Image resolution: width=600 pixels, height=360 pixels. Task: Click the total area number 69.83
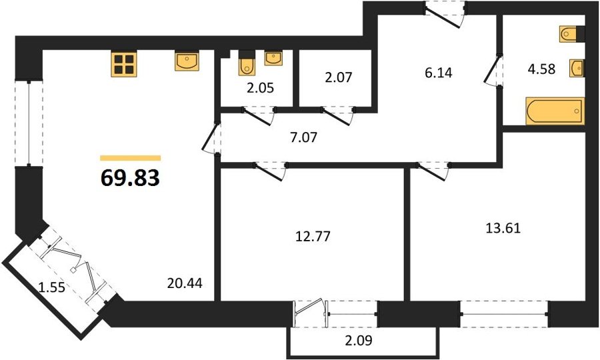pyautogui.click(x=130, y=178)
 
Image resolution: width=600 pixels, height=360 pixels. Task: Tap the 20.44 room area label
pyautogui.click(x=185, y=283)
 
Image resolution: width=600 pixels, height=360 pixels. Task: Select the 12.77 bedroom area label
pyautogui.click(x=313, y=237)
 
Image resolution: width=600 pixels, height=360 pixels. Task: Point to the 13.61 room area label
pyautogui.click(x=503, y=229)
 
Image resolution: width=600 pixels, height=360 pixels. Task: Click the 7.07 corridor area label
pyautogui.click(x=303, y=137)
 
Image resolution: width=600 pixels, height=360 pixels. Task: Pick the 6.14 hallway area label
pyautogui.click(x=439, y=72)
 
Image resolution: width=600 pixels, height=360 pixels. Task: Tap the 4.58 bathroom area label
pyautogui.click(x=541, y=69)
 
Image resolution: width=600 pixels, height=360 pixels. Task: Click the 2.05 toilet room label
pyautogui.click(x=260, y=88)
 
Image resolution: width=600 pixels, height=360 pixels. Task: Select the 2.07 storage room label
pyautogui.click(x=338, y=77)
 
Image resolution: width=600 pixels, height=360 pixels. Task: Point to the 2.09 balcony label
pyautogui.click(x=359, y=340)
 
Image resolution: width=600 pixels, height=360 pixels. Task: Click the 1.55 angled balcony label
pyautogui.click(x=52, y=287)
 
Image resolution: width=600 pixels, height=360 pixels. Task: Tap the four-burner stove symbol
pyautogui.click(x=124, y=64)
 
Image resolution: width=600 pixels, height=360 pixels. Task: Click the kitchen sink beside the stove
pyautogui.click(x=187, y=61)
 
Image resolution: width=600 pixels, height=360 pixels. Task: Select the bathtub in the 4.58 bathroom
pyautogui.click(x=555, y=111)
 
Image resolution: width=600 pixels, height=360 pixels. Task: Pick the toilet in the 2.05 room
pyautogui.click(x=247, y=63)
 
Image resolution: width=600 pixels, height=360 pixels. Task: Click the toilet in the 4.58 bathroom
pyautogui.click(x=572, y=34)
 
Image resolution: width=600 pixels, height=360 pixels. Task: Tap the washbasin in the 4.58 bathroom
pyautogui.click(x=577, y=69)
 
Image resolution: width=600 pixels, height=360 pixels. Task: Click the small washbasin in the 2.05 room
pyautogui.click(x=273, y=58)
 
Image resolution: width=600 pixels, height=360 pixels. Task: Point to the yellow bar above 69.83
pyautogui.click(x=130, y=158)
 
